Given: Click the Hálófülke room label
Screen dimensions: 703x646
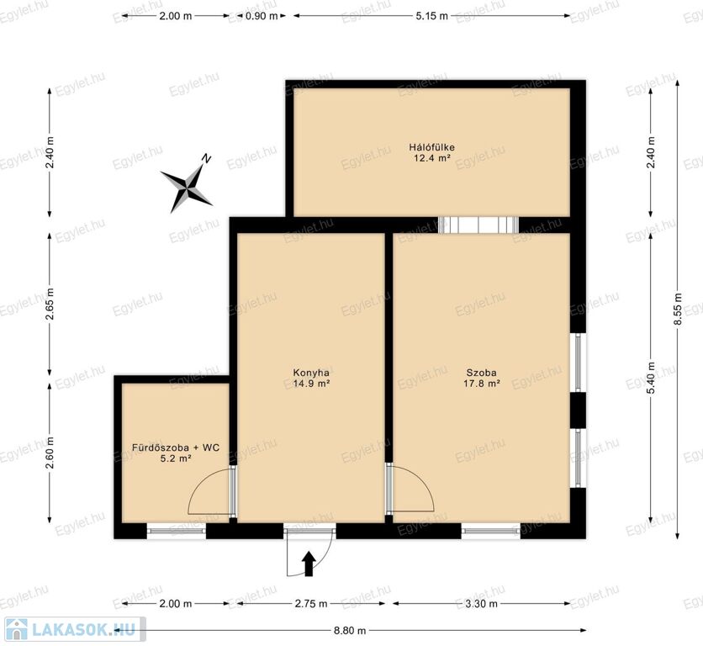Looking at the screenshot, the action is click(431, 147).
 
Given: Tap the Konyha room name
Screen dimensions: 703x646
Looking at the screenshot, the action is click(311, 373).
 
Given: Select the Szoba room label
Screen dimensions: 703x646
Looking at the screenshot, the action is click(482, 373).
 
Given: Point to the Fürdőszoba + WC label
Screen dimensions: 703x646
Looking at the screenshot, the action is click(176, 447).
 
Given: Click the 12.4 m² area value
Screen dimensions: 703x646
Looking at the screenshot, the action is click(432, 158).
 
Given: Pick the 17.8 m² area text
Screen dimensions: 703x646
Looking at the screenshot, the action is click(482, 384).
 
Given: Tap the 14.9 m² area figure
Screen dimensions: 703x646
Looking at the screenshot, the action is click(312, 384).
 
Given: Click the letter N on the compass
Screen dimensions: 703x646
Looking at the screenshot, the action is click(207, 158).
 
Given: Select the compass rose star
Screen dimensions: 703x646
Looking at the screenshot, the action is click(187, 188).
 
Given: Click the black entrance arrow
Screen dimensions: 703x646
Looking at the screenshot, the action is click(309, 564).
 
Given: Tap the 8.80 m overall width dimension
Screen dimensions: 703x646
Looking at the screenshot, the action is click(350, 630).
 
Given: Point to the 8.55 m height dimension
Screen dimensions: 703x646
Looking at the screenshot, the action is click(678, 310).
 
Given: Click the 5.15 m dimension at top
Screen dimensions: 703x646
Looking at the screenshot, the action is click(431, 16).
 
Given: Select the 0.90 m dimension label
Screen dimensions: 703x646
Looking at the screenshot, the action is click(262, 16).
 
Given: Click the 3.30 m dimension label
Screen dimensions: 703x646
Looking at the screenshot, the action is click(481, 603).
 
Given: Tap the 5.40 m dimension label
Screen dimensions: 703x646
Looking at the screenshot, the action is click(652, 379).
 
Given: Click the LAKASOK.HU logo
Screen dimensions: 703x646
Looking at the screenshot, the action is click(72, 629).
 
